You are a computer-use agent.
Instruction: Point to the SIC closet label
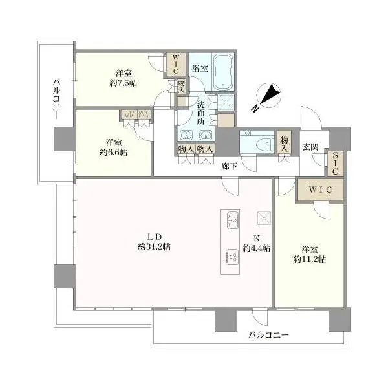pos(336,164)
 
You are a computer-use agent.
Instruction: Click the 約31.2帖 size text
pos(153,247)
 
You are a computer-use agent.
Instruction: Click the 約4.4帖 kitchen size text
pos(257,248)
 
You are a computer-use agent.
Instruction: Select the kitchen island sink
pos(233,224)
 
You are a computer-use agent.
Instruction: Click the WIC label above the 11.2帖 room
pos(319,191)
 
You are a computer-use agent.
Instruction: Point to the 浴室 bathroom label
pos(199,69)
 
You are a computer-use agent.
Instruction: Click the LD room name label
pos(153,235)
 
